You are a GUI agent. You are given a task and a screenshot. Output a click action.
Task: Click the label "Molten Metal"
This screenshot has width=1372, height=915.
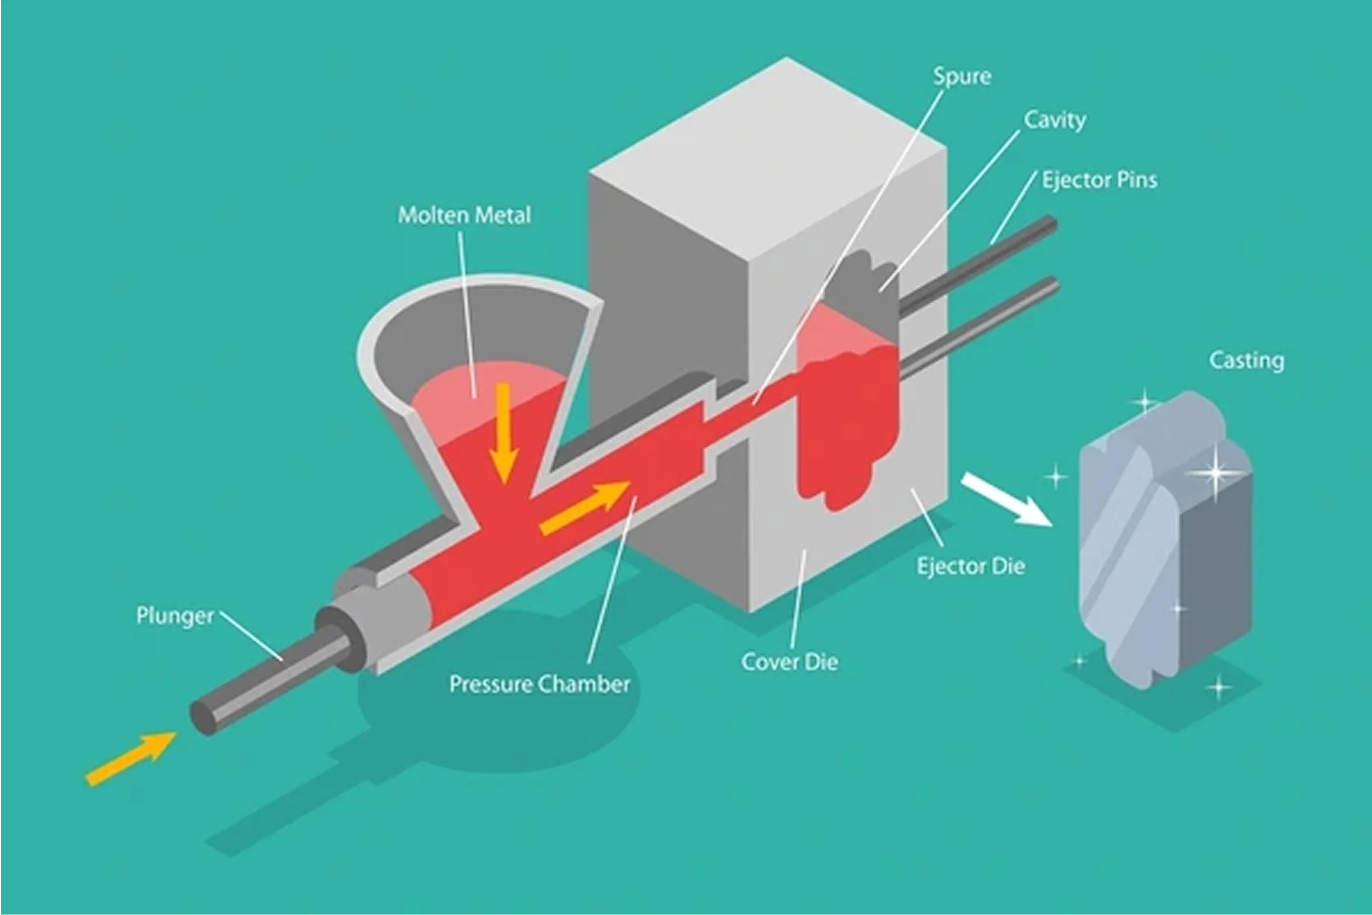tap(464, 215)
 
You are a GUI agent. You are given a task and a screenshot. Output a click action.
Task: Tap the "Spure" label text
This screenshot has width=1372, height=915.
tap(962, 76)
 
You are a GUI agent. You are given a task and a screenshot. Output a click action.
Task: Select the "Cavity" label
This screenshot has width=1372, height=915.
tap(1055, 120)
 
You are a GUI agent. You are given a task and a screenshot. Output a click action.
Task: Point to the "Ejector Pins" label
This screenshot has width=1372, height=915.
tap(1100, 180)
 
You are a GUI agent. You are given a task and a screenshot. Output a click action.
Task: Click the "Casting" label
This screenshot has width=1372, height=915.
tap(1246, 360)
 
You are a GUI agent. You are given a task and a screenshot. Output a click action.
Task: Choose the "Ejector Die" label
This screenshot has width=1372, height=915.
tap(970, 566)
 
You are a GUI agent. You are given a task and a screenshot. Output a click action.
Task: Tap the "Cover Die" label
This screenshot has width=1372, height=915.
tap(789, 662)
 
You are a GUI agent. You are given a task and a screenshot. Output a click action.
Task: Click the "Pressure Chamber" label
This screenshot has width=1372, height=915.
tap(539, 684)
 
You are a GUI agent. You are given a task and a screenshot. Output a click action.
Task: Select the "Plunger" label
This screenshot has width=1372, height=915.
tap(175, 615)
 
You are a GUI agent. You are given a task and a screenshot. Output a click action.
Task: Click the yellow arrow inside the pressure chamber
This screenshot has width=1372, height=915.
tap(583, 507)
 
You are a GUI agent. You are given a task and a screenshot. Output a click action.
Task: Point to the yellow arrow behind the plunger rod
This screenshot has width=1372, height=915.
tap(131, 757)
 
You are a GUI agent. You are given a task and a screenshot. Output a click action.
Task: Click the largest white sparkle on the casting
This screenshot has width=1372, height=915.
tap(1216, 471)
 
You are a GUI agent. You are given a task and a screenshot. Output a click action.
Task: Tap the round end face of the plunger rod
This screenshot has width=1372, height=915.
tap(202, 718)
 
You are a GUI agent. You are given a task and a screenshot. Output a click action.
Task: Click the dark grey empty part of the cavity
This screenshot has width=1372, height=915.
tap(863, 280)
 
